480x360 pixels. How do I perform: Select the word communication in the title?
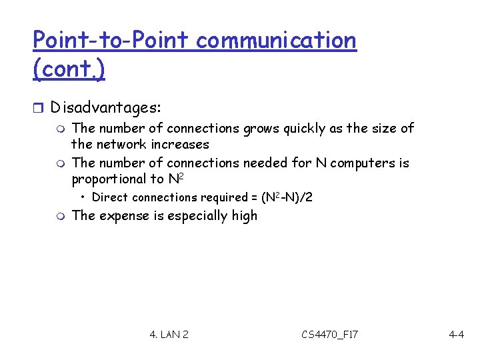pos(276,41)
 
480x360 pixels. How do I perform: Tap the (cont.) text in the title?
pos(69,70)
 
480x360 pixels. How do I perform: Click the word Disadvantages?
pos(105,107)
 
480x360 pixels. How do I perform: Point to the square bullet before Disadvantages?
pos(37,107)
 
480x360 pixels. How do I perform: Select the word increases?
pos(180,144)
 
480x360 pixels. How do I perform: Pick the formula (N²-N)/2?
pos(287,197)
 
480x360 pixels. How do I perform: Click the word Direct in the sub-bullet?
pos(110,197)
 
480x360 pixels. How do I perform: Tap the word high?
pos(244,215)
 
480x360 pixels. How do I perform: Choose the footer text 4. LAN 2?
pos(169,334)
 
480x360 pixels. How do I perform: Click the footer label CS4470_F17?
pos(329,334)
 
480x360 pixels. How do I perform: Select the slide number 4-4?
pos(457,334)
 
